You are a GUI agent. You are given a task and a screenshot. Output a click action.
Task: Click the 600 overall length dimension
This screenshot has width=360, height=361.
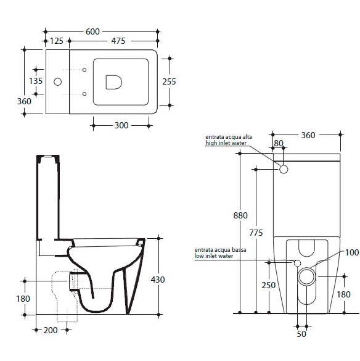tap(92, 31)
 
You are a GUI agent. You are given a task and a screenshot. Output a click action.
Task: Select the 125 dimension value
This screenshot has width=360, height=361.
tap(57, 41)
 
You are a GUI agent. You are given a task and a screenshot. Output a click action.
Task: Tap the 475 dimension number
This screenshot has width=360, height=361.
tap(118, 41)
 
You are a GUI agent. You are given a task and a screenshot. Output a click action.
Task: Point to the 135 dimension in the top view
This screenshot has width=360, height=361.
tap(36, 81)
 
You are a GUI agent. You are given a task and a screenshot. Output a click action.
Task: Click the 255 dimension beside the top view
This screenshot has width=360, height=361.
tap(169, 81)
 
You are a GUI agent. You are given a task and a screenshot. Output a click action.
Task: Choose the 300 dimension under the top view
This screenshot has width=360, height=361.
tap(121, 125)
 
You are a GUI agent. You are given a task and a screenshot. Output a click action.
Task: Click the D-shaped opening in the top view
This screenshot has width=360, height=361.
tap(113, 82)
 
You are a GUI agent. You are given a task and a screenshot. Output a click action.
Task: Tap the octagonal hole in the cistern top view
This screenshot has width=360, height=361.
tap(57, 81)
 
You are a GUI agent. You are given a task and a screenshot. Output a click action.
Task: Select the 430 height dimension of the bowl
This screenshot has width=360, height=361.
tap(158, 280)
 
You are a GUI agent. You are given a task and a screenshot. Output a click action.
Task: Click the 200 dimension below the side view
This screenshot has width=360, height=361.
tap(51, 330)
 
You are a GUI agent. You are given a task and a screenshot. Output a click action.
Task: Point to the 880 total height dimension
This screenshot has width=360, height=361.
tap(240, 216)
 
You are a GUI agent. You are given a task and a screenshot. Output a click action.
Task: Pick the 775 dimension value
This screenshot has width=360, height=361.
tap(256, 233)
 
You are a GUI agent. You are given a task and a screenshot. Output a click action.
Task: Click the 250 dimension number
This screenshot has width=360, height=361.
tap(268, 286)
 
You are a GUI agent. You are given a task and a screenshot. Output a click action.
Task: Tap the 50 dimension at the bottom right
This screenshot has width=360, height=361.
tap(301, 334)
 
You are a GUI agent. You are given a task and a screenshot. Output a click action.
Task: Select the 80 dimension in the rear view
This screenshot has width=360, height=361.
tap(279, 143)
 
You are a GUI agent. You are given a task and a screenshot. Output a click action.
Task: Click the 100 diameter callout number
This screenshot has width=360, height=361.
tap(352, 252)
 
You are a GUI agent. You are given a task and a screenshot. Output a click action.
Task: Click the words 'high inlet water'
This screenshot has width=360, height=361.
tap(226, 143)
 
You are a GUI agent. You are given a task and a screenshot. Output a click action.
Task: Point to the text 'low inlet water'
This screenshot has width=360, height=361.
tap(214, 255)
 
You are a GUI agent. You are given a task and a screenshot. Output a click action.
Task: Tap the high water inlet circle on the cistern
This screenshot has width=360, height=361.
tap(284, 170)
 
